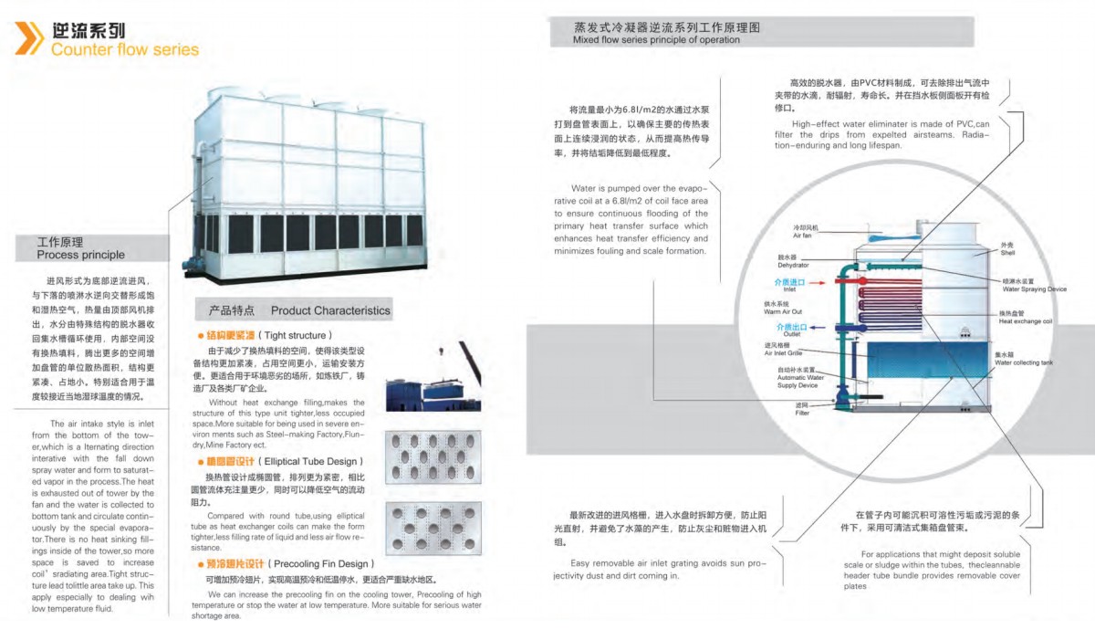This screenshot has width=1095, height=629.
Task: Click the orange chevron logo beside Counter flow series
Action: tap(28, 38)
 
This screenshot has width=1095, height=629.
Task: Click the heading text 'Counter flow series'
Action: tap(125, 49)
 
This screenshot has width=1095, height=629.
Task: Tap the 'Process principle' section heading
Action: tap(80, 255)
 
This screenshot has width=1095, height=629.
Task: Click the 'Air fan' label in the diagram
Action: tap(802, 235)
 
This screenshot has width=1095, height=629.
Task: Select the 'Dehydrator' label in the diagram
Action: tap(792, 265)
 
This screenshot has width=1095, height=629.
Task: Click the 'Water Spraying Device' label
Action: tap(1034, 288)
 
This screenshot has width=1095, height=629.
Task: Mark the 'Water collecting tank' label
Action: tap(1023, 362)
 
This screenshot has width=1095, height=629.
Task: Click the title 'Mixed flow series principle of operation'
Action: tap(656, 40)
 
